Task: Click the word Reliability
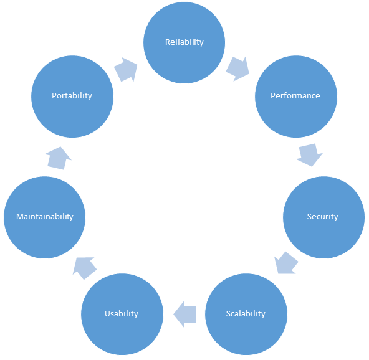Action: tap(184, 42)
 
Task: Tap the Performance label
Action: tap(295, 96)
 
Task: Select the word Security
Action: tap(323, 217)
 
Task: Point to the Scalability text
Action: tap(246, 314)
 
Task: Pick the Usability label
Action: tap(122, 314)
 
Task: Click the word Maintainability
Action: tap(45, 217)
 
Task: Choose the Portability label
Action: tap(72, 96)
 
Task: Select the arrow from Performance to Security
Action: tap(309, 154)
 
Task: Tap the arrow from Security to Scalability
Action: tap(286, 263)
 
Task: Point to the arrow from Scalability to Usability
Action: tap(184, 314)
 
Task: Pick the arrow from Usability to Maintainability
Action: tap(85, 268)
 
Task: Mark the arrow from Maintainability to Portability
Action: tap(58, 158)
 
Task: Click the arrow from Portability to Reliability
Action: tap(126, 69)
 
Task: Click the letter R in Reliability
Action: tap(168, 42)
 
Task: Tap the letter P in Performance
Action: tap(273, 96)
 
